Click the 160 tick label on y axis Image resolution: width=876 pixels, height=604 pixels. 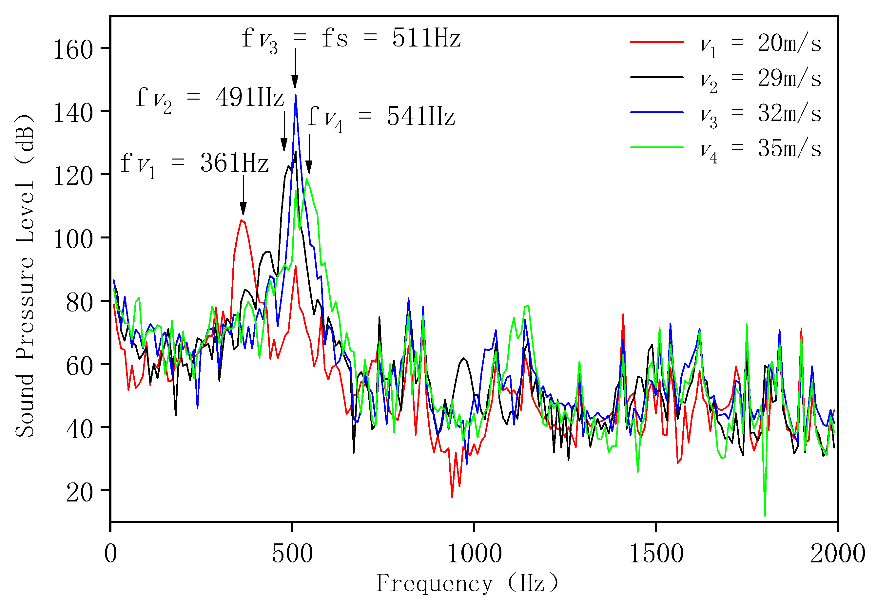[73, 49]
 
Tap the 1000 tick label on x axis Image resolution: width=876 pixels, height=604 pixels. [474, 555]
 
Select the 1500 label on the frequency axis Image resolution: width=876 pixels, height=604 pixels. [656, 555]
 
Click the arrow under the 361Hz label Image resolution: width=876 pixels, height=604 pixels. [243, 195]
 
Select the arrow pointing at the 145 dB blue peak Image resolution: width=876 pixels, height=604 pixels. [295, 68]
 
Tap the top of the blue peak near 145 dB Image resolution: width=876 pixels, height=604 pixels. [295, 95]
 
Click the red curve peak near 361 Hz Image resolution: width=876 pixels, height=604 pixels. [241, 220]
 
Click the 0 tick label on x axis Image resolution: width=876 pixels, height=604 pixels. [110, 555]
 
